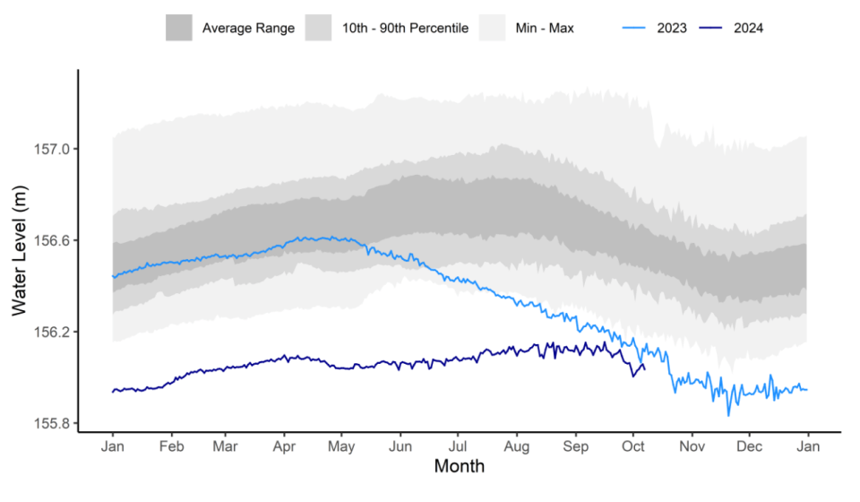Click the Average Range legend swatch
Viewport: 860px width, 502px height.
(179, 28)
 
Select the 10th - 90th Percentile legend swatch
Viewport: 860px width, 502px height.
(320, 28)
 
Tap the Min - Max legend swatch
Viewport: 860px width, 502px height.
(493, 28)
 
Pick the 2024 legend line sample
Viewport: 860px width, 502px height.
(713, 28)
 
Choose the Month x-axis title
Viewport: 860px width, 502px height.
(459, 466)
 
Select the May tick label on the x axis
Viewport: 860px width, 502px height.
(341, 446)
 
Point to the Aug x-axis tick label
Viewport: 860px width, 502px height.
(517, 446)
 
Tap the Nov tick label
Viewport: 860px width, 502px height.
(692, 446)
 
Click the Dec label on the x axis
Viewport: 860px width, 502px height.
(749, 446)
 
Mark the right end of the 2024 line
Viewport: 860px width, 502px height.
(644, 367)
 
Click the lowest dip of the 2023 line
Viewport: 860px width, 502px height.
(728, 415)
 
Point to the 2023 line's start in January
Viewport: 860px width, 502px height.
(113, 277)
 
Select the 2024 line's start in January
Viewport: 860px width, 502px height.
(113, 392)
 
